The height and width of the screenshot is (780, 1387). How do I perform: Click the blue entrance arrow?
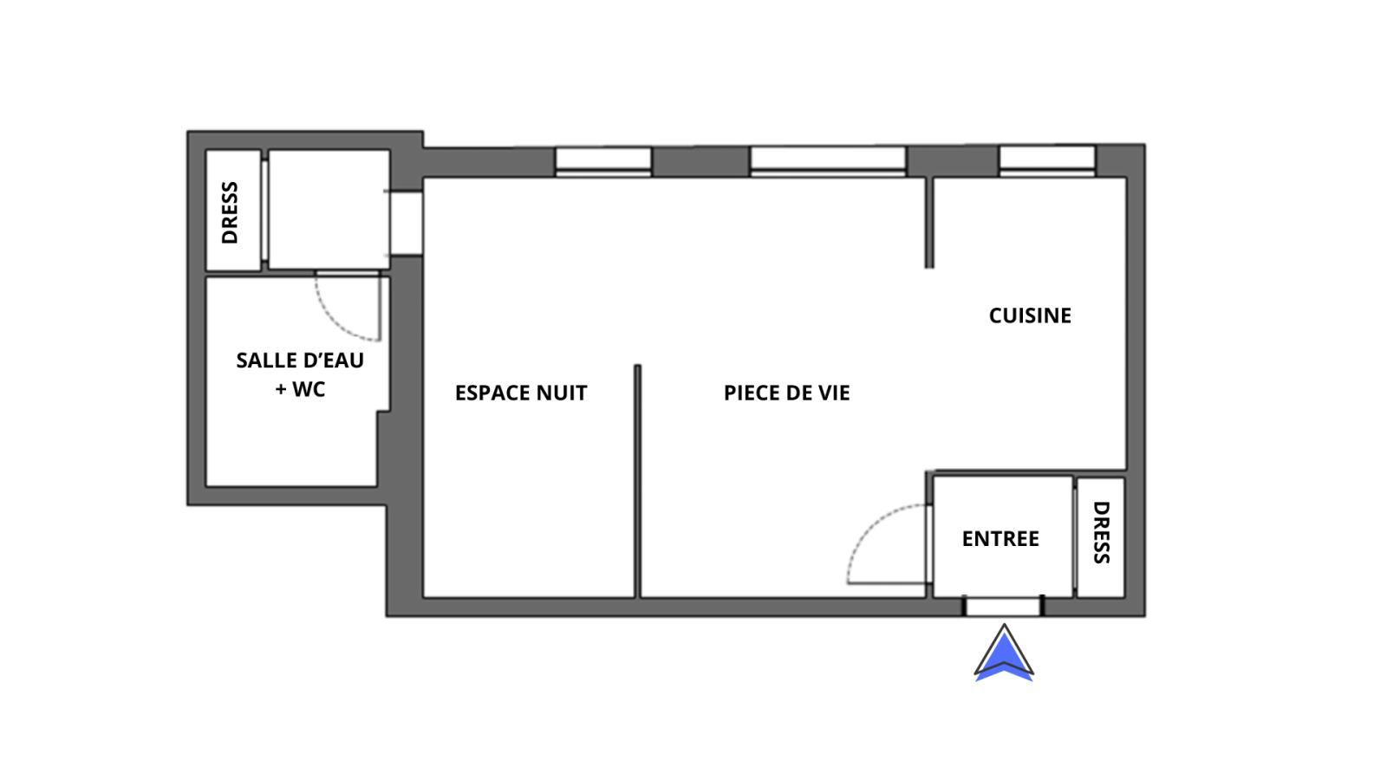1004,655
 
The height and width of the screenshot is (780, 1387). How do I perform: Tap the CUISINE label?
1030,315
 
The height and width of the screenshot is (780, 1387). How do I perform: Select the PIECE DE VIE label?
786,393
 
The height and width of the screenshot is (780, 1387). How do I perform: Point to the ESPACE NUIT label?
521,393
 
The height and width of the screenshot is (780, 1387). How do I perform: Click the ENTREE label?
1000,539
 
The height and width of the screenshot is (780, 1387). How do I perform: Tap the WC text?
309,389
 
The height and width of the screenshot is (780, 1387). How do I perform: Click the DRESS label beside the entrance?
1101,532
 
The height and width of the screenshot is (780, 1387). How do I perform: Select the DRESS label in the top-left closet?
230,212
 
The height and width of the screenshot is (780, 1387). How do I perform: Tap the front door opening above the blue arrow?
1003,607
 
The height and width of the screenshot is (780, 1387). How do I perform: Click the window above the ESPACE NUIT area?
603,162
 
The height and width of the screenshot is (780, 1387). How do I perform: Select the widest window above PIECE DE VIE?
828,162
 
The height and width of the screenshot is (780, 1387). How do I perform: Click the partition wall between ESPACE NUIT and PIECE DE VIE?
637,482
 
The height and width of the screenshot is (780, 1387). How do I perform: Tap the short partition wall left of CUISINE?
928,223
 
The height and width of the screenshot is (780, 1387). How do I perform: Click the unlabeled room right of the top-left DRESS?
329,210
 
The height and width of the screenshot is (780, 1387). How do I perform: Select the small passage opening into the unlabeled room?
407,223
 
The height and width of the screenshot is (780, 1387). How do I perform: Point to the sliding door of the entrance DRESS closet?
1075,538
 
